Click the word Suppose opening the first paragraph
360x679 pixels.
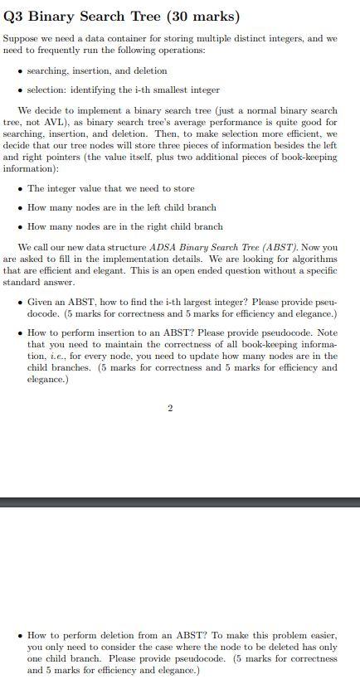20,39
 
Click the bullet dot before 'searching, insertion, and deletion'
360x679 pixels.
20,71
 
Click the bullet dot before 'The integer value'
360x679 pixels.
20,189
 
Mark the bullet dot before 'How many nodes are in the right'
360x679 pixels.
20,226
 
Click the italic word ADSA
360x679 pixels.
163,247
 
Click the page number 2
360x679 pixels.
170,408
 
